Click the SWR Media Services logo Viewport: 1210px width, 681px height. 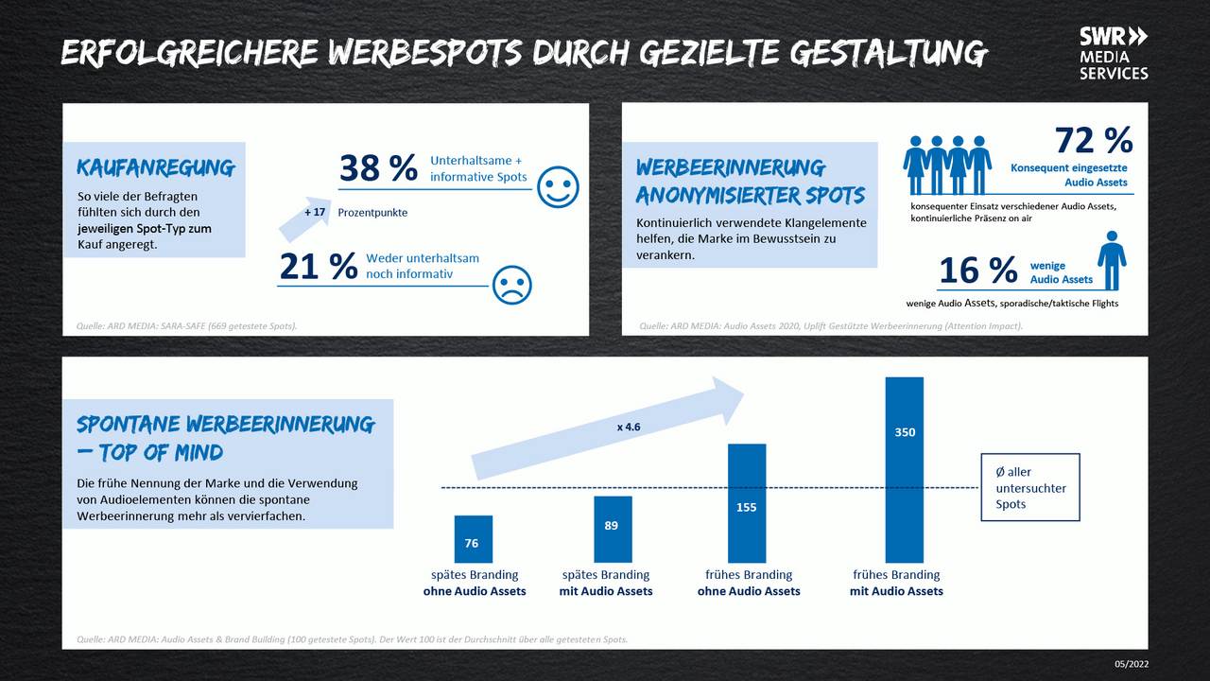click(x=1114, y=53)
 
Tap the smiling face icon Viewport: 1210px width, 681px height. click(x=558, y=186)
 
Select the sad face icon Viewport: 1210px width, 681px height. click(x=512, y=284)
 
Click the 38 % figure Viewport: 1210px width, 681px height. click(x=378, y=168)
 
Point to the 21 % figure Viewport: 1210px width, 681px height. click(x=319, y=267)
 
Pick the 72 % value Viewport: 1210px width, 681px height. click(x=1094, y=140)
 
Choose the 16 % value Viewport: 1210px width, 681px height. click(x=977, y=271)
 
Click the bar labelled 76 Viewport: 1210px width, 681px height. click(x=473, y=539)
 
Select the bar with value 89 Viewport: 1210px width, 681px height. click(x=612, y=529)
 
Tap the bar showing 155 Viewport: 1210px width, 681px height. click(x=747, y=503)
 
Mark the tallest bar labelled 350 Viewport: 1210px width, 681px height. click(x=904, y=469)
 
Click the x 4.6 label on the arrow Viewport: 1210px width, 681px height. click(x=629, y=427)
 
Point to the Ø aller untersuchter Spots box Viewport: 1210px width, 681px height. click(x=1030, y=487)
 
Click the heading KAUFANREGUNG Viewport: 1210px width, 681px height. click(x=156, y=168)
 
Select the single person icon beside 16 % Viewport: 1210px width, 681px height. click(x=1112, y=260)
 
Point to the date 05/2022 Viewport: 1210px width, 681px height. click(x=1132, y=664)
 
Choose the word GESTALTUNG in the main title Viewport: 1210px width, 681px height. click(x=889, y=54)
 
